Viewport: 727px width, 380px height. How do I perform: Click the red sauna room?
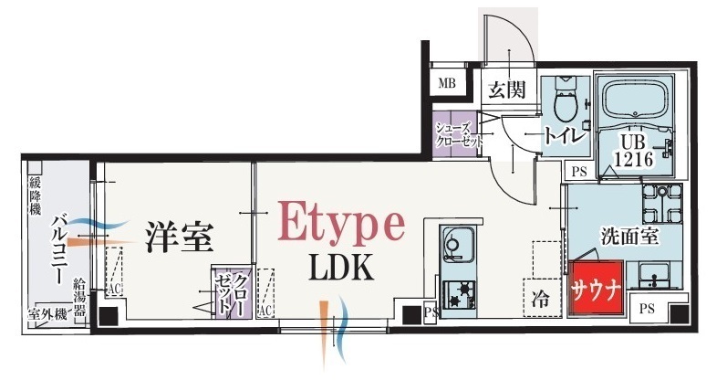(596, 288)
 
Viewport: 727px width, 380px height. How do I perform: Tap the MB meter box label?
(447, 83)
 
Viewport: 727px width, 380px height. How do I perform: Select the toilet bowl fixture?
(566, 99)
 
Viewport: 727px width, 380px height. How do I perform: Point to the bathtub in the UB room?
(636, 100)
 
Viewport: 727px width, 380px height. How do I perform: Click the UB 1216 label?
(634, 151)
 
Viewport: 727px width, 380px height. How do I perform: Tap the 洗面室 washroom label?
(629, 236)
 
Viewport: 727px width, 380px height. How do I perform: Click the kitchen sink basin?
(457, 246)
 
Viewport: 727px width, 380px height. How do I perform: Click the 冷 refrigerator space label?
(540, 299)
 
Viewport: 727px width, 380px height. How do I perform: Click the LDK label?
(342, 268)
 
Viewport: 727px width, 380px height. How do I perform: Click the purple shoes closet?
(455, 134)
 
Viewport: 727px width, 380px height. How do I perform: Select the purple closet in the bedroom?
(233, 292)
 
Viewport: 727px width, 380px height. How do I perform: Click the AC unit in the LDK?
(265, 293)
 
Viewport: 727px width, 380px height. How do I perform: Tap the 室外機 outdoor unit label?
(47, 313)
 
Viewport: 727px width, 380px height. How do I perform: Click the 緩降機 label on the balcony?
(36, 196)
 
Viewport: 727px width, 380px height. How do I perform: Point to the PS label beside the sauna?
(647, 308)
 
